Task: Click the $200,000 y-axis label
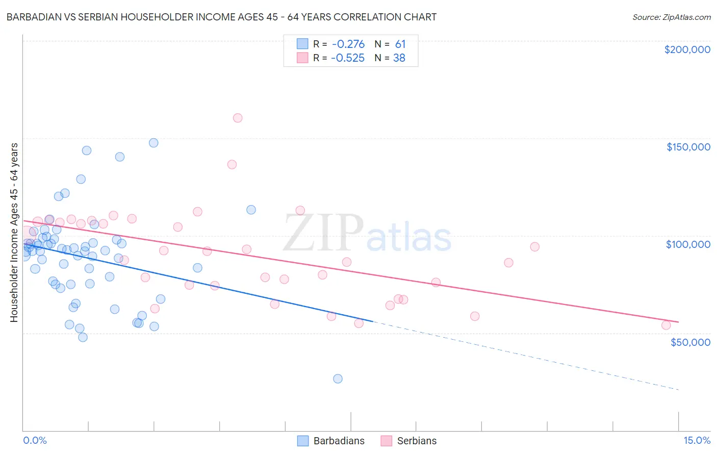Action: [x=687, y=49]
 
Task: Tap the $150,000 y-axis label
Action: [x=688, y=147]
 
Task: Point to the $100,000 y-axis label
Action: [x=688, y=244]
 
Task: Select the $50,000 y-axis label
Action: [x=690, y=342]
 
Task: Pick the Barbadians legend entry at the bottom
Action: [x=331, y=441]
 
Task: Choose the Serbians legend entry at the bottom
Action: [x=408, y=441]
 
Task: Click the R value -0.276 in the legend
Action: [x=348, y=44]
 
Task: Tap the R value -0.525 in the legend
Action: [x=348, y=58]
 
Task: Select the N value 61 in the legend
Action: [x=400, y=44]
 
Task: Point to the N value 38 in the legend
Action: [x=399, y=58]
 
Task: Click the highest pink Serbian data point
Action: [x=238, y=118]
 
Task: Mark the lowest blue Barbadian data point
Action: [x=338, y=378]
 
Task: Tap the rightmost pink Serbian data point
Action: [x=666, y=325]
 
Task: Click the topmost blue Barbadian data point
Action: [x=153, y=143]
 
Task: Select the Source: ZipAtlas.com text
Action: [x=671, y=17]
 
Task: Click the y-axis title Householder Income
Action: [x=14, y=232]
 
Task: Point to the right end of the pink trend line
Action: [x=678, y=322]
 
